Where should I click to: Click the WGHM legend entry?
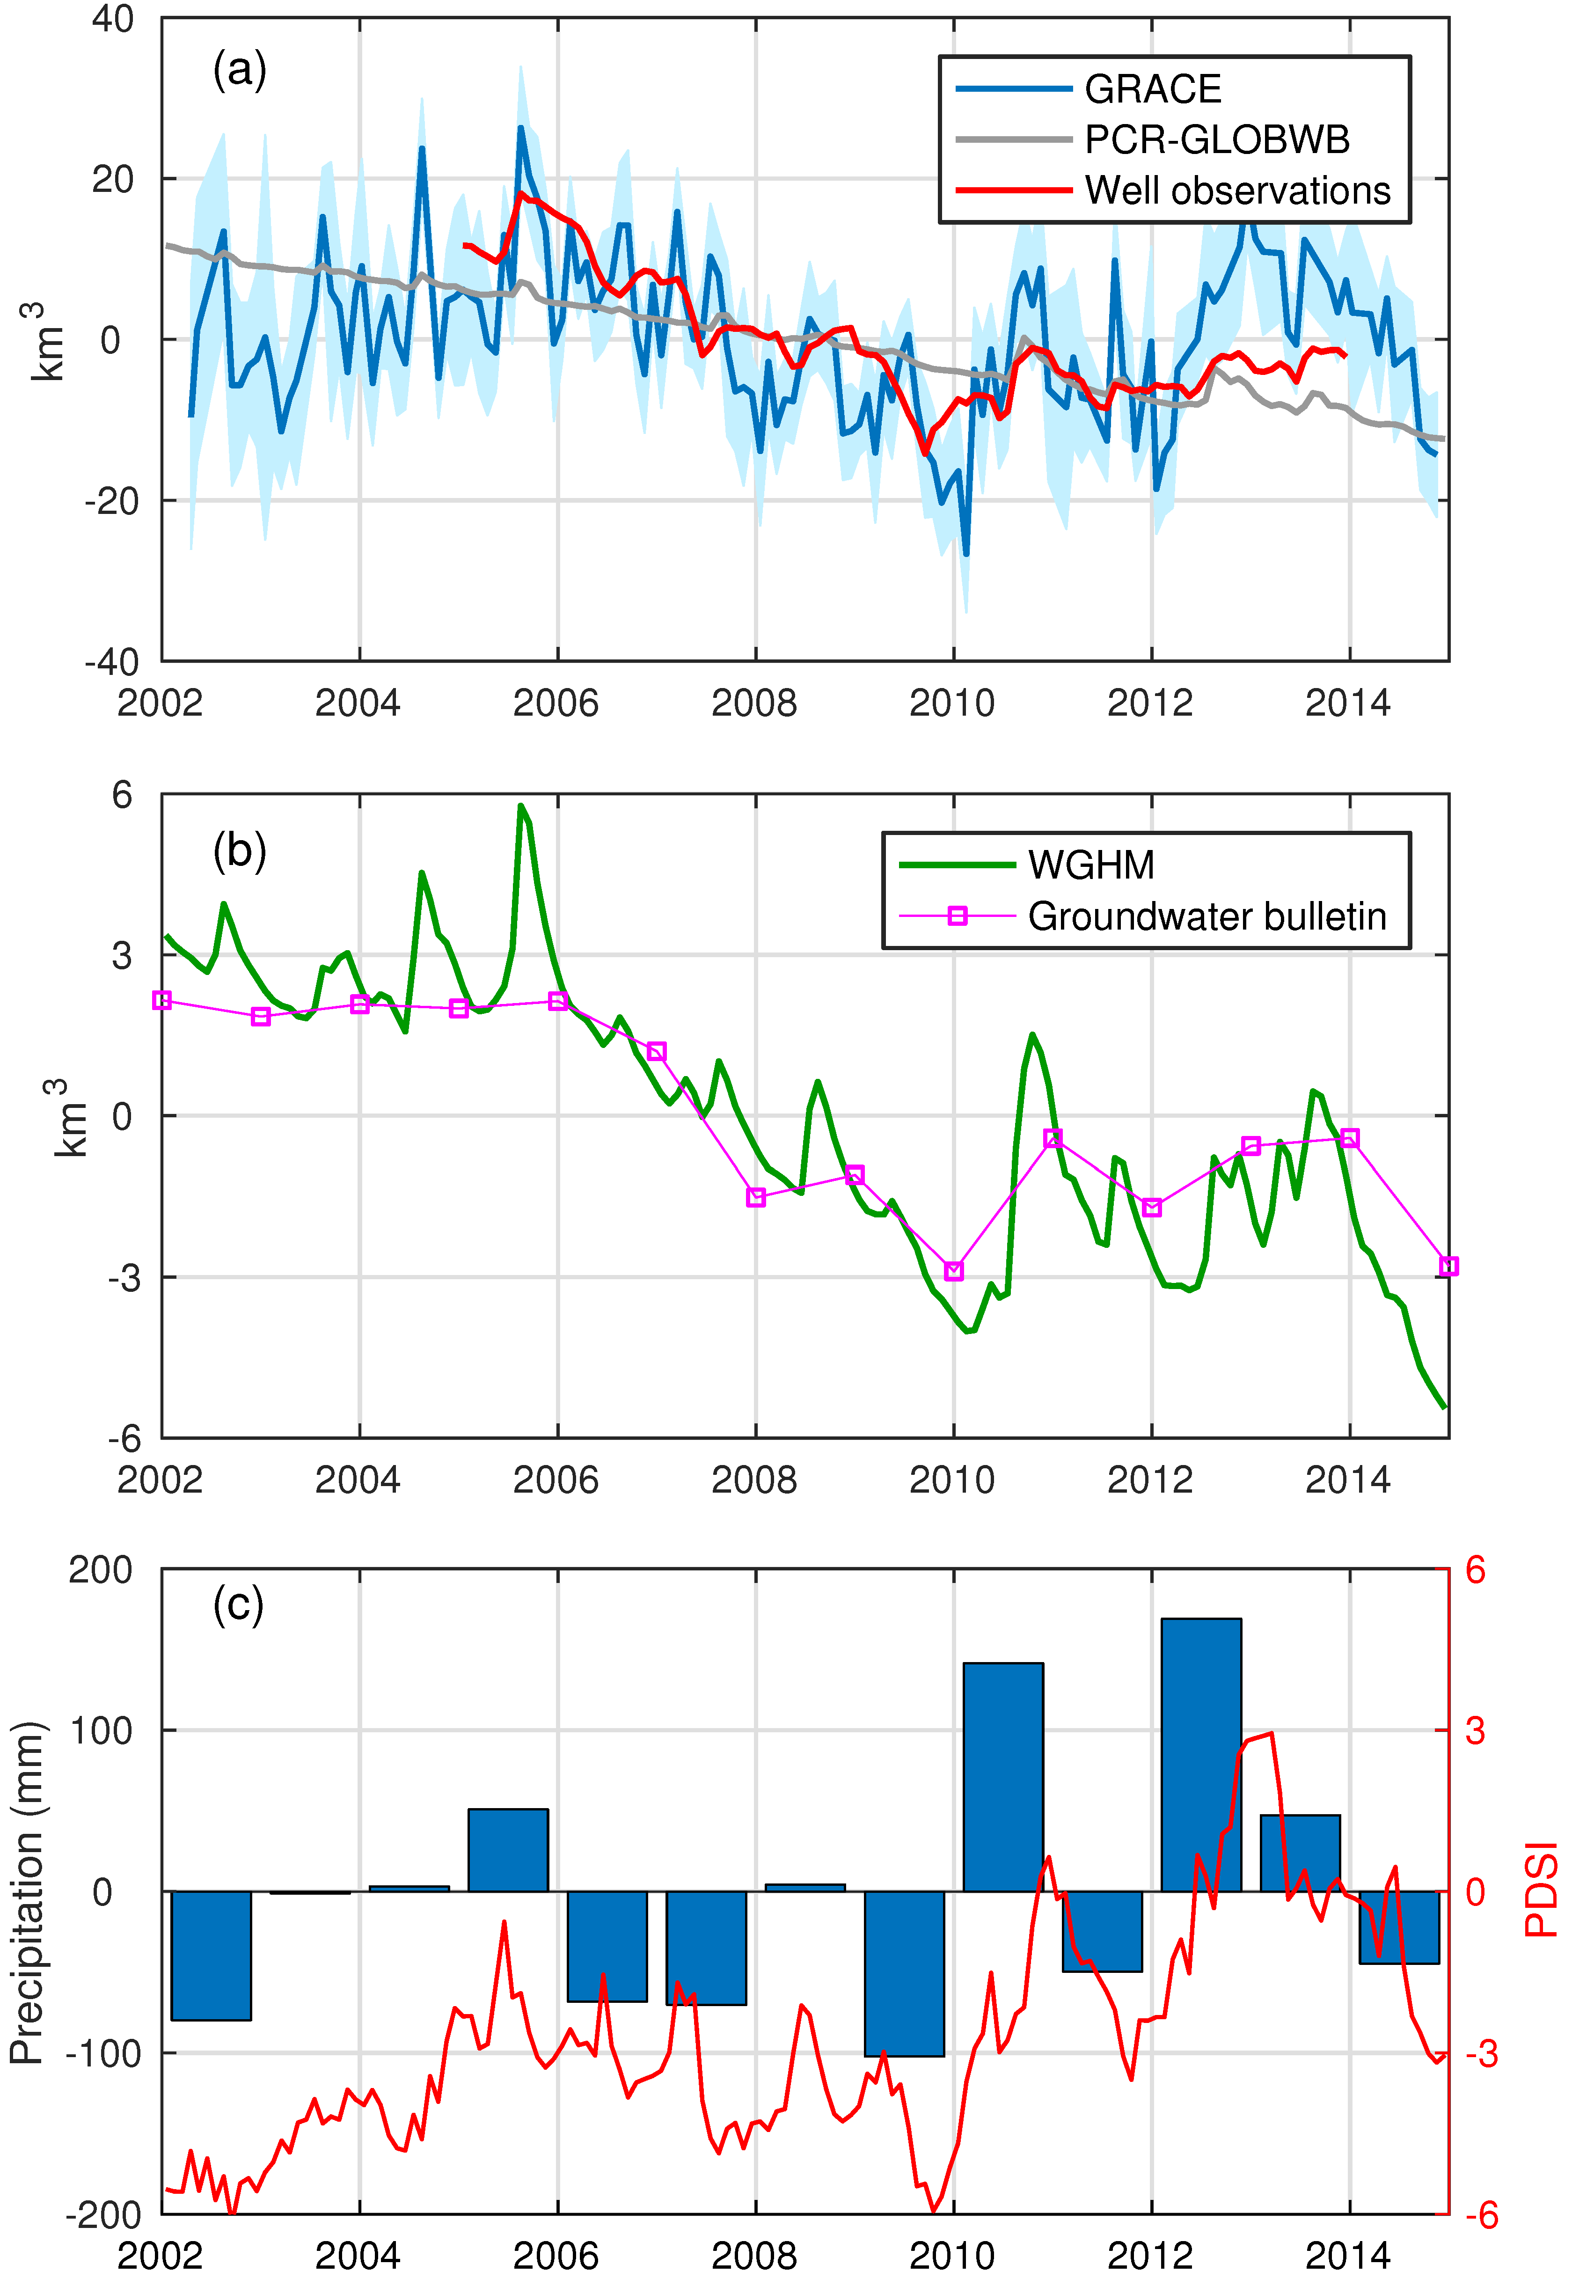coord(1090,865)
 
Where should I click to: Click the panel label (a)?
coord(239,71)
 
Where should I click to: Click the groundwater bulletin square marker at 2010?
coord(953,1272)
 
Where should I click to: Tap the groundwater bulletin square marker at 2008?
coord(755,1197)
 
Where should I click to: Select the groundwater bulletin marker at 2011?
coord(1053,1139)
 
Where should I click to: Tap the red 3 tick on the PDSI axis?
coord(1475,1730)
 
